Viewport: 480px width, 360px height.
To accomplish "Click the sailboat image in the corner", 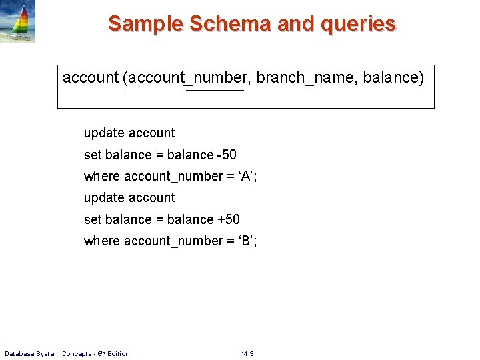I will (18, 21).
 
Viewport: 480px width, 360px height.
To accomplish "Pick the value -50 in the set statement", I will (227, 155).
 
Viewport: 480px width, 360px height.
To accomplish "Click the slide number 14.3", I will (247, 353).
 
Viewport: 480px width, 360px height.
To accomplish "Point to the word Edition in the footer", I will (118, 353).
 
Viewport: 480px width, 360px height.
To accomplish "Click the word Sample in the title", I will (146, 24).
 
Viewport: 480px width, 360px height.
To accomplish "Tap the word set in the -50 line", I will (92, 155).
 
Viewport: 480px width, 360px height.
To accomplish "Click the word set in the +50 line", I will (92, 219).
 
